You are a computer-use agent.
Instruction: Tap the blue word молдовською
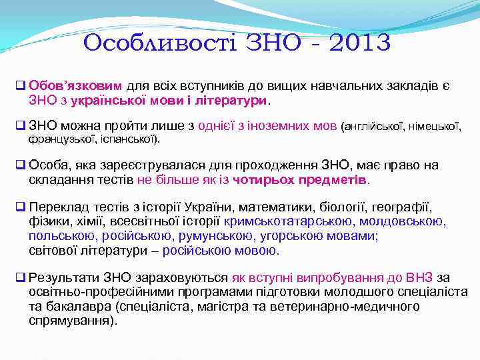tap(404, 221)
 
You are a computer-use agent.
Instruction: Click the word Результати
tap(62, 277)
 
